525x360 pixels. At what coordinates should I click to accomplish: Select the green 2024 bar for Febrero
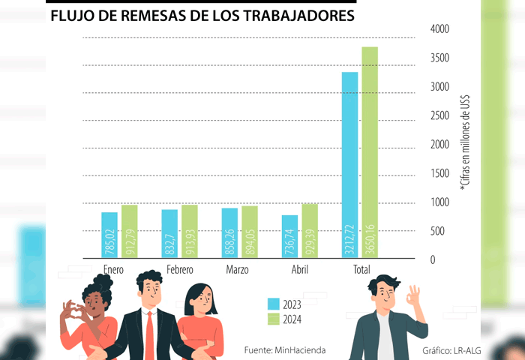coord(189,232)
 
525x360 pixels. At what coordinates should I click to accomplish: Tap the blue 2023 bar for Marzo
coord(229,233)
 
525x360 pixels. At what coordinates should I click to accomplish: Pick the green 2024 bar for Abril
coord(309,231)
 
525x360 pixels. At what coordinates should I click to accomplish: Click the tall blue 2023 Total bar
coord(349,165)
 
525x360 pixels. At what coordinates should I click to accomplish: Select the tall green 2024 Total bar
coord(369,153)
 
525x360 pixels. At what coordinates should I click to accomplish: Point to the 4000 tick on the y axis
coord(439,28)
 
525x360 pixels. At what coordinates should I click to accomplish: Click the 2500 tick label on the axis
coord(439,115)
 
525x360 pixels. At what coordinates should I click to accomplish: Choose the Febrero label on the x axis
coord(179,269)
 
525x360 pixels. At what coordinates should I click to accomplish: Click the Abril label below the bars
coord(299,269)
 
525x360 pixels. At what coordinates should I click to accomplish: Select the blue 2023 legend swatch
coord(273,304)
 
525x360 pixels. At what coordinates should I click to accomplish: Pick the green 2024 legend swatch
coord(273,320)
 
